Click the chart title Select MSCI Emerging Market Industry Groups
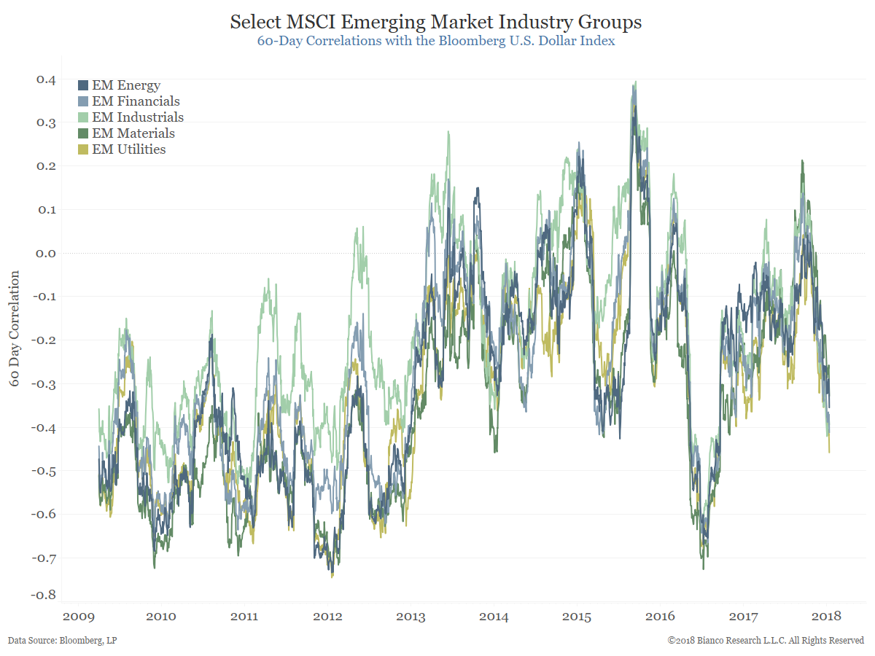click(436, 22)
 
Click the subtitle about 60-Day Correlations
click(436, 41)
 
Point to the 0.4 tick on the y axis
click(46, 79)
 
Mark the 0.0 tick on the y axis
click(46, 254)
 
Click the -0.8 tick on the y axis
click(44, 594)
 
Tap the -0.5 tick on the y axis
click(44, 471)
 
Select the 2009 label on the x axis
click(78, 617)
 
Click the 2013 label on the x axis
click(411, 617)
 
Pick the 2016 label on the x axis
click(660, 617)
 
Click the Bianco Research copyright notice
click(766, 641)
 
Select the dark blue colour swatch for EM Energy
click(83, 86)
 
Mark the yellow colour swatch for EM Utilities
click(83, 149)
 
